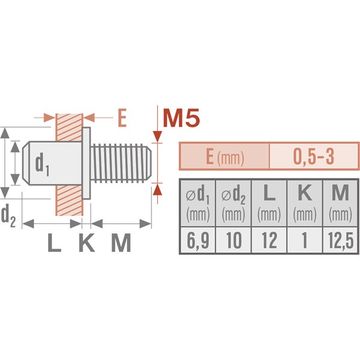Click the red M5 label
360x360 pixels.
coord(181,118)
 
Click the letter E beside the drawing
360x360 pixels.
coord(122,118)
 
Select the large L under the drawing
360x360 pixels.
coord(55,242)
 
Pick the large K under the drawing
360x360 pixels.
coord(86,242)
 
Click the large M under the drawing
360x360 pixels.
coord(121,242)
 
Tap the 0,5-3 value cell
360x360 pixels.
coord(314,157)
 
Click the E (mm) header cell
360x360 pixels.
coord(224,157)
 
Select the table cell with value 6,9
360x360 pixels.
coord(197,240)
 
